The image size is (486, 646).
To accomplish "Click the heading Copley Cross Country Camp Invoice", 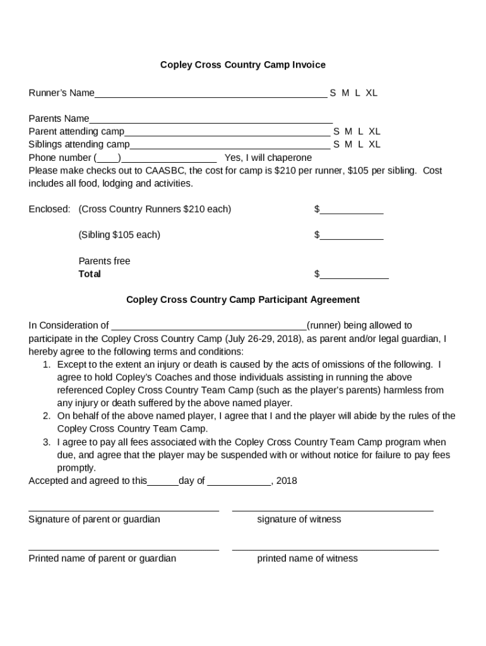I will pyautogui.click(x=242, y=65).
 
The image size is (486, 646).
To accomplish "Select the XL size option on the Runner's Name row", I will pyautogui.click(x=371, y=93).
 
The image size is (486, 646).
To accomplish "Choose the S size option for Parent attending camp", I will pyautogui.click(x=336, y=132).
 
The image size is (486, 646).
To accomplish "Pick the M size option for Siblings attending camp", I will pyautogui.click(x=348, y=144).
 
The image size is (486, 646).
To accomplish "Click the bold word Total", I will pyautogui.click(x=90, y=274).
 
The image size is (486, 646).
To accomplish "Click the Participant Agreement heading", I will pyautogui.click(x=243, y=300).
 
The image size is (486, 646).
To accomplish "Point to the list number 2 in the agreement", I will pyautogui.click(x=47, y=416).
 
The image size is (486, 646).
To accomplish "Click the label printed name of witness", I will pyautogui.click(x=307, y=558).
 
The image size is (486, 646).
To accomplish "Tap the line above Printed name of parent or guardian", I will pyautogui.click(x=124, y=550).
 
